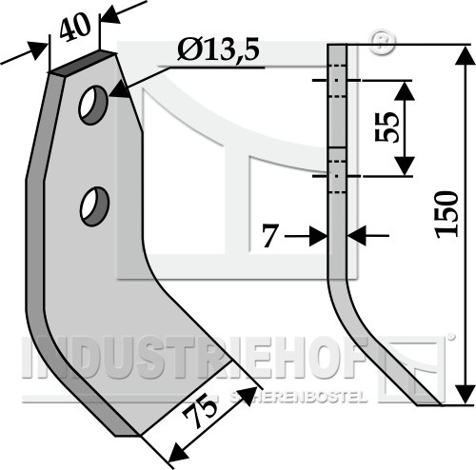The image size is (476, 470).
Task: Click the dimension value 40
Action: (75, 28)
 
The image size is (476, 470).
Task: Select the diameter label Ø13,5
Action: (218, 50)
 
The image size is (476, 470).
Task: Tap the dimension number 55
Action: (387, 127)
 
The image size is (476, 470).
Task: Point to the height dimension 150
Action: (447, 214)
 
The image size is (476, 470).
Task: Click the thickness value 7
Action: (270, 236)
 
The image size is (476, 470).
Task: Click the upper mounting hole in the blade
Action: (93, 105)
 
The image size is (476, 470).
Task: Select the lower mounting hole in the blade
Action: (94, 206)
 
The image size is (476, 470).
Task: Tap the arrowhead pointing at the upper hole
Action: (120, 89)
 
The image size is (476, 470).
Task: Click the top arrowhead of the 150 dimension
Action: (465, 57)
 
